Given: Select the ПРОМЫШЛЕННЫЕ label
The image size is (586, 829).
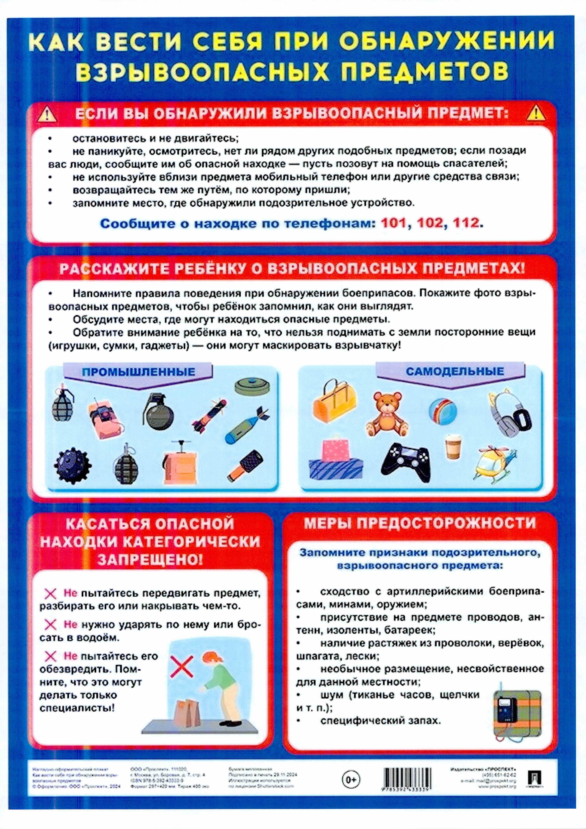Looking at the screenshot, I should (x=138, y=371).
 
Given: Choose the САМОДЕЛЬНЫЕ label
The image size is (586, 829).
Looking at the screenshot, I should (x=455, y=371).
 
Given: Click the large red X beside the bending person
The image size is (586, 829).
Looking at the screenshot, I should (x=182, y=666).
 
